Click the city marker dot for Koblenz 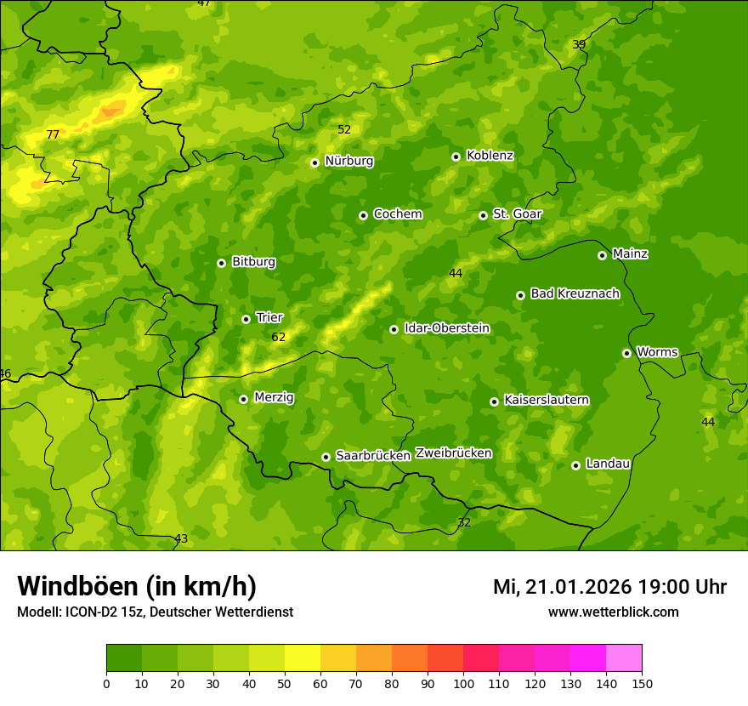[x=456, y=157]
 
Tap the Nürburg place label [x=348, y=161]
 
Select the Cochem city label [x=397, y=214]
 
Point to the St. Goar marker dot [x=484, y=215]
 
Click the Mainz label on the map [x=630, y=253]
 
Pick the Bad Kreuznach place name [x=575, y=293]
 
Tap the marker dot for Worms [x=627, y=353]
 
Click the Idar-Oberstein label [x=446, y=327]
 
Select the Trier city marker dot [x=246, y=319]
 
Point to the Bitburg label [x=253, y=262]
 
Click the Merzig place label [x=274, y=397]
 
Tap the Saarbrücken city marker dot [x=326, y=457]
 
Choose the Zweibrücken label [x=453, y=453]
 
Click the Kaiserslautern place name [x=547, y=400]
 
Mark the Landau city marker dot [x=576, y=465]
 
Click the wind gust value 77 [x=53, y=134]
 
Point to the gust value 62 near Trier [x=279, y=338]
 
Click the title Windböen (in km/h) [x=137, y=586]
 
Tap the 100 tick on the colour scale [x=463, y=683]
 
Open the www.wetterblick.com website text [x=613, y=612]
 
